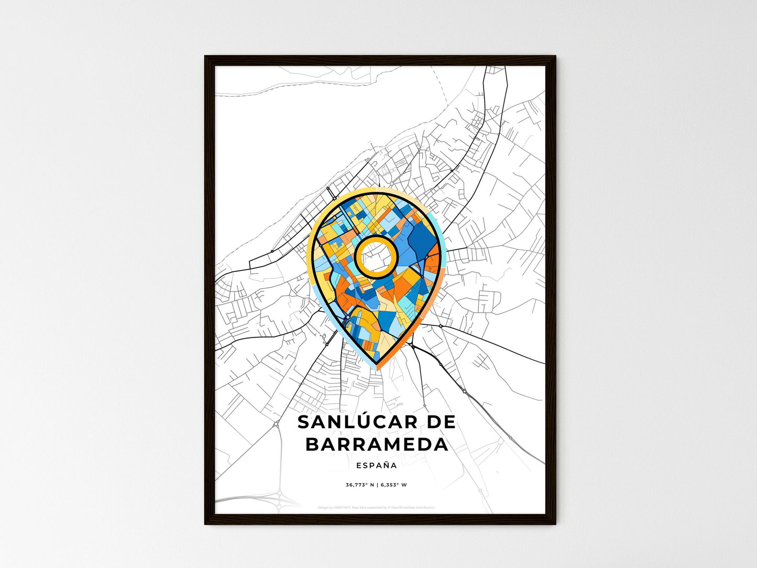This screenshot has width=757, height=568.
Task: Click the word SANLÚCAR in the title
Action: pos(357,422)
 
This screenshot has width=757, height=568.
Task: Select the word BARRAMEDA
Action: pos(377,444)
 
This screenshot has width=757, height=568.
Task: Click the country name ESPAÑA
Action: pos(376,465)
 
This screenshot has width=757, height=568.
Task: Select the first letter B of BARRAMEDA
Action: pos(312,444)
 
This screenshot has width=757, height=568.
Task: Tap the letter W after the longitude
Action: pos(404,485)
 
